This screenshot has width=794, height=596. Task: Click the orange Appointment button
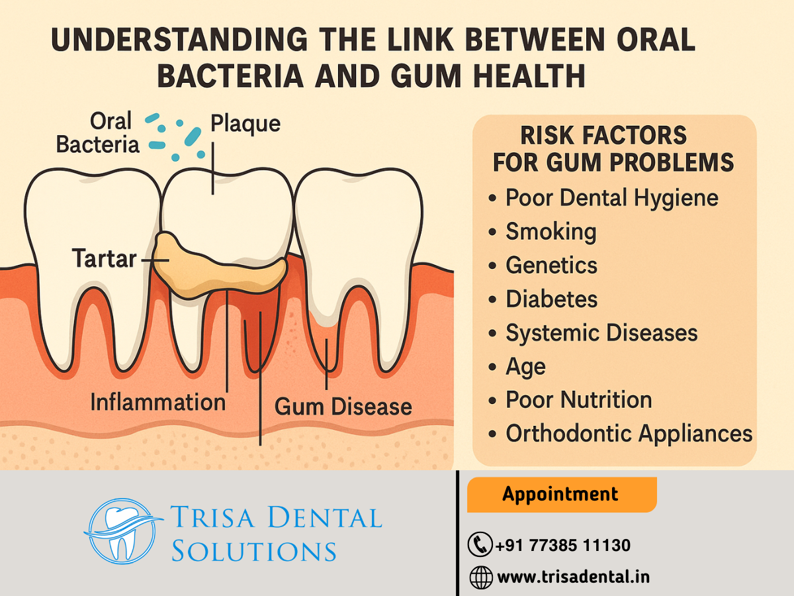tap(562, 494)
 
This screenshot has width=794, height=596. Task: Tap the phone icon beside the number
tap(480, 544)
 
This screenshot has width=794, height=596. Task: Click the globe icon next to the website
tap(481, 577)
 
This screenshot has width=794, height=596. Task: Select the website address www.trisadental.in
tap(574, 577)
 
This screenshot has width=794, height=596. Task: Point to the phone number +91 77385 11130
tap(563, 545)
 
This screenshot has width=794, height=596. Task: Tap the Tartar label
tap(104, 259)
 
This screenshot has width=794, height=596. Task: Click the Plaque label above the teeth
tap(245, 124)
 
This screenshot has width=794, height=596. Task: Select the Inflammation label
tap(158, 402)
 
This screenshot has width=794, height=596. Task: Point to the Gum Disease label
tap(343, 407)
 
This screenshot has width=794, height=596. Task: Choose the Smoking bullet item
tap(551, 231)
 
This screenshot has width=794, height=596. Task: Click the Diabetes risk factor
tap(551, 299)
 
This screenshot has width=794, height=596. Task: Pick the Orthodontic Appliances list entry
tap(629, 434)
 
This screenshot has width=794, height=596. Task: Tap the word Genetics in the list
tap(551, 266)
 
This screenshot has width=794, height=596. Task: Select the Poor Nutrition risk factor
tap(579, 400)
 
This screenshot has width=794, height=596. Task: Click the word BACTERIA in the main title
tap(230, 76)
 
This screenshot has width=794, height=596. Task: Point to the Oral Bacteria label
tap(98, 132)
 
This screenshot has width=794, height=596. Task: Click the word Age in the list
tap(525, 368)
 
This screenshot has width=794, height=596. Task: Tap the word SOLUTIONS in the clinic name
tap(254, 551)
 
